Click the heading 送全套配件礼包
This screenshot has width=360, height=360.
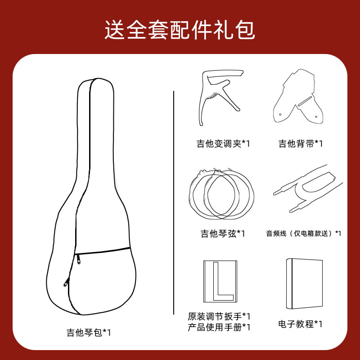[180, 30]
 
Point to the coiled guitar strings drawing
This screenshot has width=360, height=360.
[221, 193]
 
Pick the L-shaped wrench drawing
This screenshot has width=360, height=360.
[220, 281]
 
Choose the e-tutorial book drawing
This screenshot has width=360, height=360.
[304, 283]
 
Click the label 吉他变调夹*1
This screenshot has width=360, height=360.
[223, 144]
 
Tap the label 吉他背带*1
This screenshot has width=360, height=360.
[301, 144]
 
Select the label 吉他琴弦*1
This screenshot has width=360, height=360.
[223, 234]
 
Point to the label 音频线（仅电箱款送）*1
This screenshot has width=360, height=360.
[303, 234]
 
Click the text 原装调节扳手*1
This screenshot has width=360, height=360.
[219, 316]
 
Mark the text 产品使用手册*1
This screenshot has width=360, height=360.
[219, 327]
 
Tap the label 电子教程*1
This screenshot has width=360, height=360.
[300, 324]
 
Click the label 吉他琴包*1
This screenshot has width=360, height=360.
[89, 333]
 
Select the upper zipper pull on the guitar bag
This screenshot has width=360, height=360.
[78, 259]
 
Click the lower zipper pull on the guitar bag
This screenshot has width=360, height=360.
[66, 282]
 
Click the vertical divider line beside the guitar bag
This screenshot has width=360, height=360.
[174, 202]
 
